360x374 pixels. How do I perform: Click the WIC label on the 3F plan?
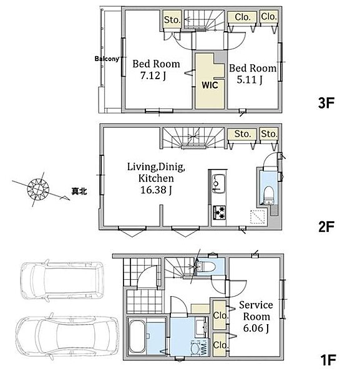[210, 85]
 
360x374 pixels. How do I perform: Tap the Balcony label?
[107, 59]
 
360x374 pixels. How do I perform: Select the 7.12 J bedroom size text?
[153, 76]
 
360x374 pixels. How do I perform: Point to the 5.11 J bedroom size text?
[250, 80]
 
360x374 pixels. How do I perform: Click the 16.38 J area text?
[156, 190]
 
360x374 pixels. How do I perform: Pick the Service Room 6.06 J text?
[256, 317]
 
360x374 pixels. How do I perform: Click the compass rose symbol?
[38, 189]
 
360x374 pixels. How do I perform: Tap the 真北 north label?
[79, 191]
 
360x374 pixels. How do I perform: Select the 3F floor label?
[326, 103]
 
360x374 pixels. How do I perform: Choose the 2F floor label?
[326, 227]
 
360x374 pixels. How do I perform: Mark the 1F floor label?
[328, 360]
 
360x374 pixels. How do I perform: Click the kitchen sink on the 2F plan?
[218, 184]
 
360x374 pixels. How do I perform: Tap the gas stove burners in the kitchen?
[220, 213]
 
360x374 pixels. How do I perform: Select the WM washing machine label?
[204, 349]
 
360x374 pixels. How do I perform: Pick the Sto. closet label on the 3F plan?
[172, 20]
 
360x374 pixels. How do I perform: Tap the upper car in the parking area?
[62, 280]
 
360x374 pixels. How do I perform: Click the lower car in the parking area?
[67, 336]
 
